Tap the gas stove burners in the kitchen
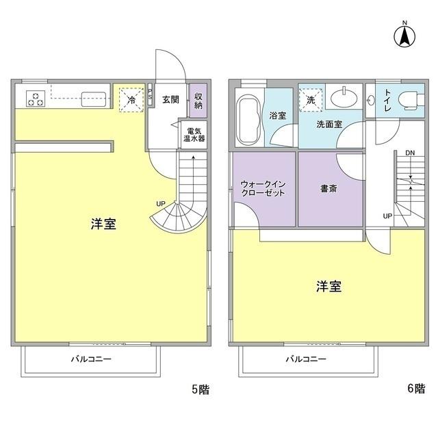[36, 98]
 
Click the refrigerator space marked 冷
[130, 99]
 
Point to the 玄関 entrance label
[170, 99]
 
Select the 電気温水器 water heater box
[194, 134]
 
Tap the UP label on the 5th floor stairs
[160, 204]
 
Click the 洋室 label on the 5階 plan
[103, 224]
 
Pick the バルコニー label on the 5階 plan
[90, 359]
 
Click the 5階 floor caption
[200, 389]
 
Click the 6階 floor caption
[415, 389]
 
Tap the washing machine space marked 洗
[311, 100]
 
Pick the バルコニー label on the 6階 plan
[306, 359]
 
